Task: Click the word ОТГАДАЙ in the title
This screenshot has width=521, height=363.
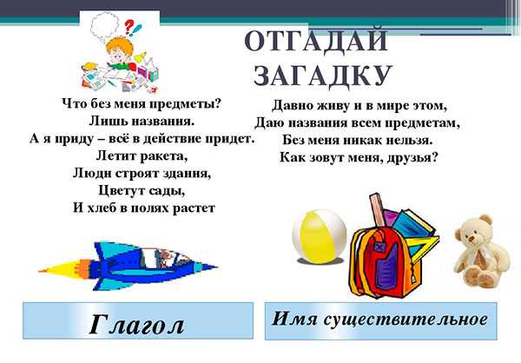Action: (x=316, y=41)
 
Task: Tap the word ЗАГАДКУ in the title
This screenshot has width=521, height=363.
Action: (x=322, y=76)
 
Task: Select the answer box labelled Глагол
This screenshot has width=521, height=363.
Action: (x=138, y=320)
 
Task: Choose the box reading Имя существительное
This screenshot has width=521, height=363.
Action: (x=381, y=321)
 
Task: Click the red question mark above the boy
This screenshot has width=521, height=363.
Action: (x=129, y=25)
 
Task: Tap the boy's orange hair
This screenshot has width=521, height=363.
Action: (x=119, y=47)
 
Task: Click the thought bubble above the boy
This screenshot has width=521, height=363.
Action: (x=105, y=24)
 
